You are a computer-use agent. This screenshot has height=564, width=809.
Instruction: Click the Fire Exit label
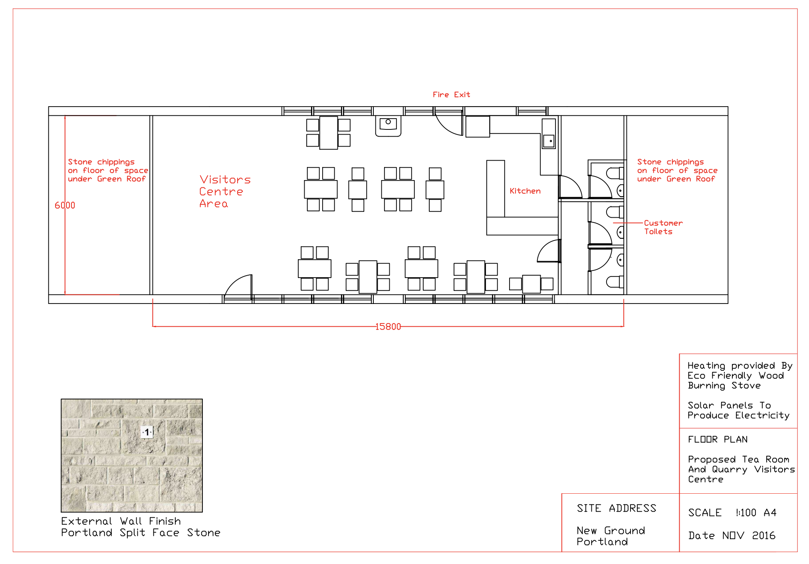[x=451, y=95]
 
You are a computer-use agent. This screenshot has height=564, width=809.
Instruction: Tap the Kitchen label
[x=525, y=191]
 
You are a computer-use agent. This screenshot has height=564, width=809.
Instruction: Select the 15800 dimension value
[x=388, y=327]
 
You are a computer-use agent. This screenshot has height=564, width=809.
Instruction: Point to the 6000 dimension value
[x=65, y=205]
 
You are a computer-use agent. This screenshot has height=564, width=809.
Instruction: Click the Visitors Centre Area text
[x=225, y=191]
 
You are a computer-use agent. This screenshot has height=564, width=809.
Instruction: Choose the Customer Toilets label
[x=663, y=227]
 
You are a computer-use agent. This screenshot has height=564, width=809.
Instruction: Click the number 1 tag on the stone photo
[x=147, y=432]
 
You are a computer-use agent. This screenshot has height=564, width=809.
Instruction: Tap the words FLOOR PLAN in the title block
[x=718, y=439]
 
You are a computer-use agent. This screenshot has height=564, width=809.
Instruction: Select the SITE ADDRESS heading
[x=616, y=508]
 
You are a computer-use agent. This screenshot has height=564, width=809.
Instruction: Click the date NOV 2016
[x=749, y=535]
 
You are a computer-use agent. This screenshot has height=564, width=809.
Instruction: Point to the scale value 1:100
[x=746, y=512]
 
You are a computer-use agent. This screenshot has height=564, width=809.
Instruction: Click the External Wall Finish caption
[x=121, y=521]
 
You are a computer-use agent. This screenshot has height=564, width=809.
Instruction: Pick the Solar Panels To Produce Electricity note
[x=738, y=411]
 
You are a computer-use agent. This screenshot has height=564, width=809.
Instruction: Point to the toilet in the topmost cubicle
[x=615, y=173]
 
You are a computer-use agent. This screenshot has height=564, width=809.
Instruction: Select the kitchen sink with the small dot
[x=549, y=141]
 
